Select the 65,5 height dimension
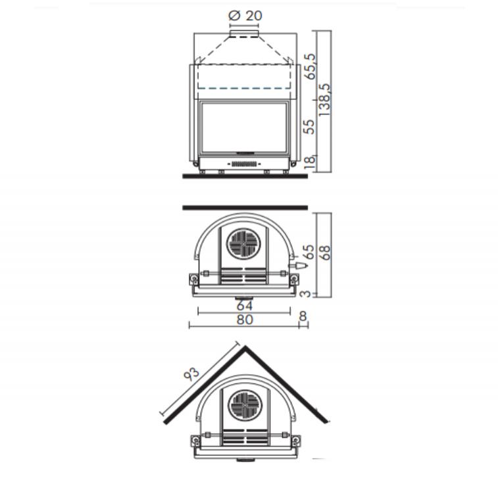click(x=310, y=66)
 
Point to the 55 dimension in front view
click(x=310, y=126)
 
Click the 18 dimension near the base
click(x=310, y=160)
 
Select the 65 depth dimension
click(x=309, y=253)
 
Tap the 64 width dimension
click(x=244, y=306)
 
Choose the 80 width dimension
click(x=244, y=320)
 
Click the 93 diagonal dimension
click(x=191, y=375)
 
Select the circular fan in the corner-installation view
click(x=245, y=405)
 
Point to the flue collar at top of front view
click(x=244, y=33)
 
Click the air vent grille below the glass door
click(x=245, y=162)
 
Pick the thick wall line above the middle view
click(x=245, y=208)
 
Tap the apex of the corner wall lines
click(x=245, y=347)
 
